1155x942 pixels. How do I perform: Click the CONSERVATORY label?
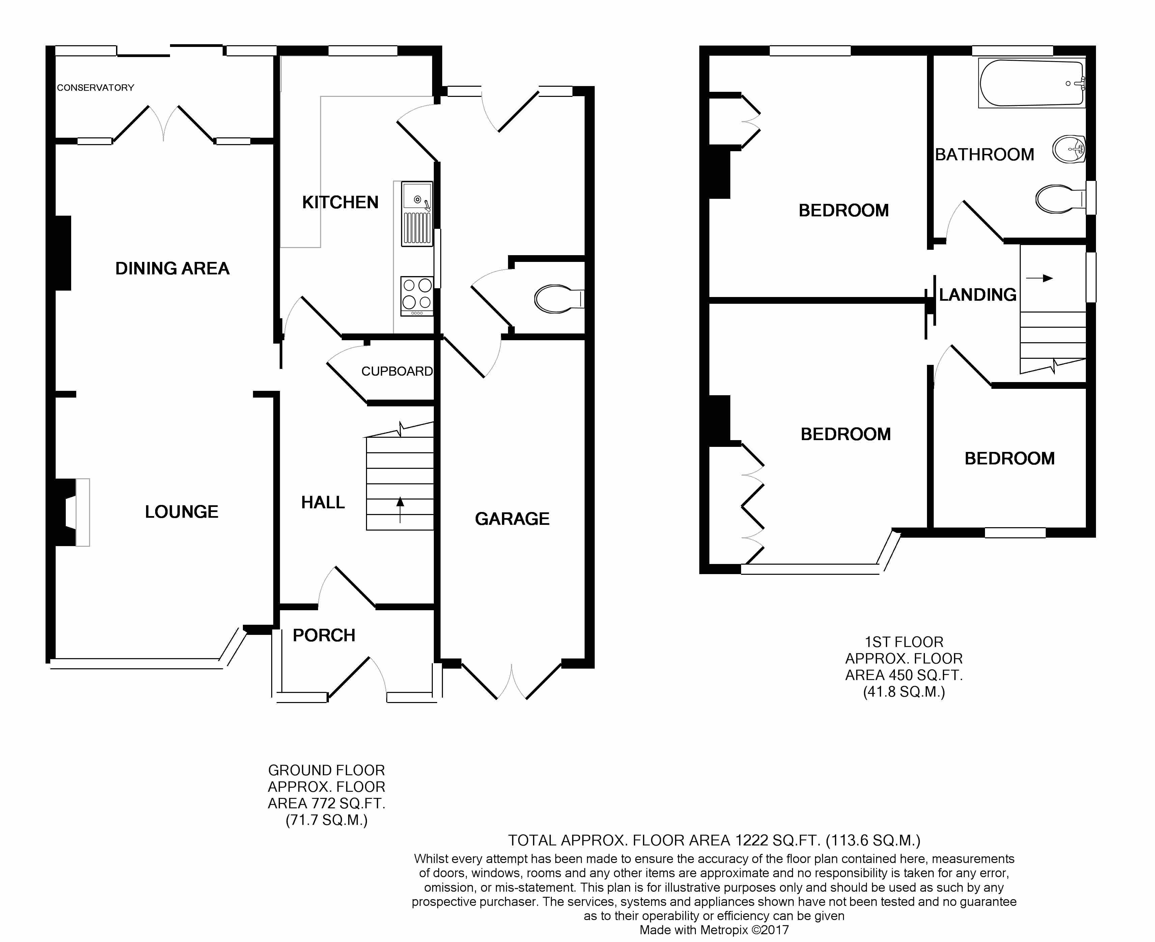click(x=95, y=88)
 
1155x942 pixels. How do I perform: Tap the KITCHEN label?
click(x=340, y=203)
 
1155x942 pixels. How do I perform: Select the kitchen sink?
click(x=417, y=213)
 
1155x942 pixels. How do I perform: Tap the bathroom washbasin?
click(x=1069, y=149)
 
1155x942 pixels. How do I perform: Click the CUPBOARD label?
click(x=397, y=371)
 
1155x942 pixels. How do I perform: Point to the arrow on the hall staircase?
click(x=400, y=510)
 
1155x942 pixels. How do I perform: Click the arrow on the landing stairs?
click(x=1040, y=278)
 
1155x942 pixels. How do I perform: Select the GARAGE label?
click(x=512, y=519)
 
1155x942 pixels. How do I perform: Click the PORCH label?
click(x=324, y=636)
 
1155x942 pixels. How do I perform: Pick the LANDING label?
click(x=978, y=295)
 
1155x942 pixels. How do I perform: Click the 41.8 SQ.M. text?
click(x=904, y=692)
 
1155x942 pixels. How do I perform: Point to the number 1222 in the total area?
click(x=751, y=840)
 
